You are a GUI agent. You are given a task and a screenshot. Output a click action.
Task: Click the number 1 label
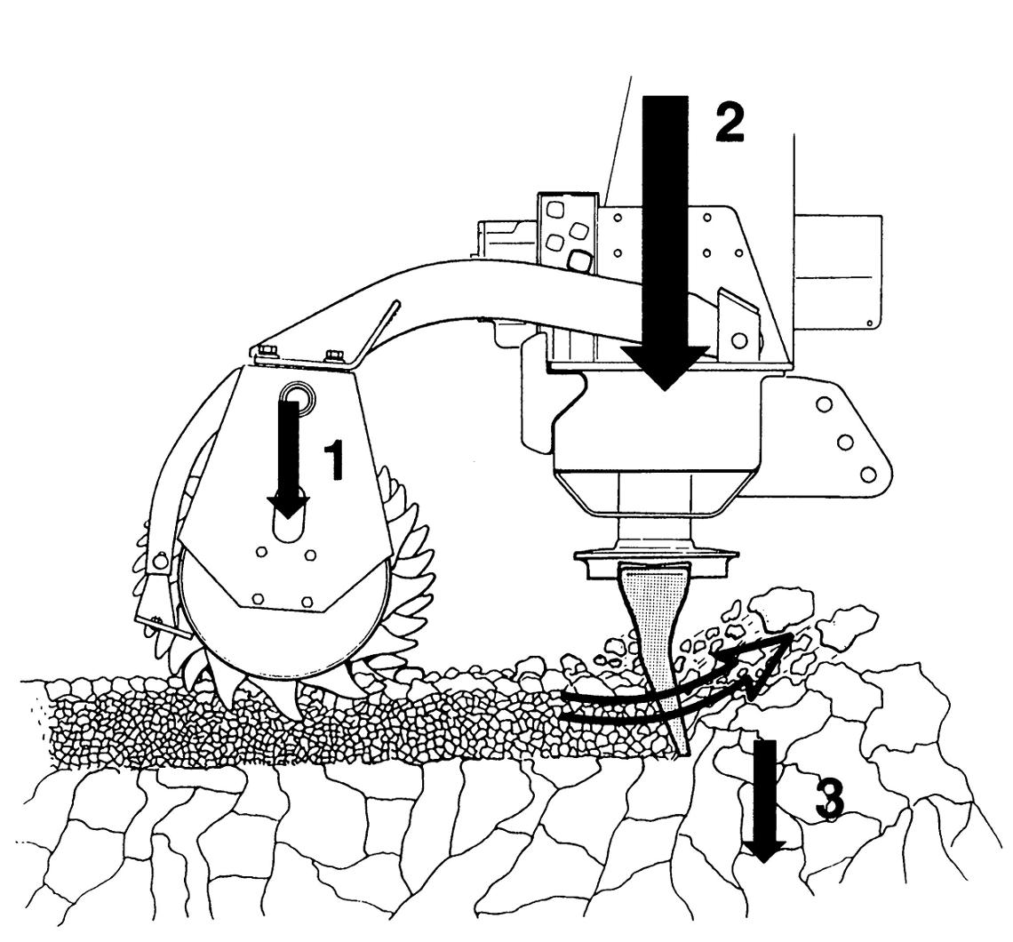click(x=333, y=460)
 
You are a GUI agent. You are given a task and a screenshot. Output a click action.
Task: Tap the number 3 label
click(x=829, y=800)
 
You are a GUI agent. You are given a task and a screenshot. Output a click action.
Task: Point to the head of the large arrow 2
click(x=666, y=365)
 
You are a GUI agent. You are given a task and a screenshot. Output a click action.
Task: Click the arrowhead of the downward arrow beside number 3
click(x=764, y=850)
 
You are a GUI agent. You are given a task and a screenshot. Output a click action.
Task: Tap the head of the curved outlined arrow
click(x=762, y=659)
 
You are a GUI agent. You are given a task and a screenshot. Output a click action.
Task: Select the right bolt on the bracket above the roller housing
click(x=334, y=355)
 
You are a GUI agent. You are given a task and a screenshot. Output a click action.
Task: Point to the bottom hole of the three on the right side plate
click(x=867, y=475)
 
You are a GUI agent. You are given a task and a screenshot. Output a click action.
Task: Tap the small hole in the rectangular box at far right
click(x=869, y=323)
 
